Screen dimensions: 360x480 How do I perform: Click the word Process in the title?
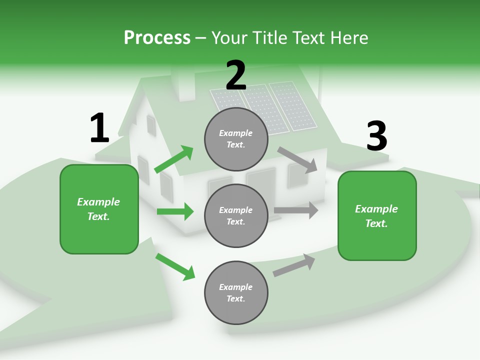click(157, 38)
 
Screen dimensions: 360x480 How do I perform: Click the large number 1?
click(99, 128)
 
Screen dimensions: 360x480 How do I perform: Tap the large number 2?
click(236, 75)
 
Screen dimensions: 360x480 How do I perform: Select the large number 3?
click(376, 136)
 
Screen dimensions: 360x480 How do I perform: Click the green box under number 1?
click(99, 209)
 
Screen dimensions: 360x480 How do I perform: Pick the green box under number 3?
click(377, 215)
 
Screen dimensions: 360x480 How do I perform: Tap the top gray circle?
click(236, 139)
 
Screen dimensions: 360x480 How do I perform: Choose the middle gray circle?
click(236, 215)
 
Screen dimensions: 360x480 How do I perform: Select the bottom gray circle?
click(236, 292)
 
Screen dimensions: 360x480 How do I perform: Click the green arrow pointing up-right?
click(174, 159)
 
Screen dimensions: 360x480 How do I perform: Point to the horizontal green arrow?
click(175, 211)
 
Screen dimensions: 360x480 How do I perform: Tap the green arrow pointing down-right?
click(175, 266)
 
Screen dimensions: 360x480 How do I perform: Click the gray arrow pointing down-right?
click(297, 159)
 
